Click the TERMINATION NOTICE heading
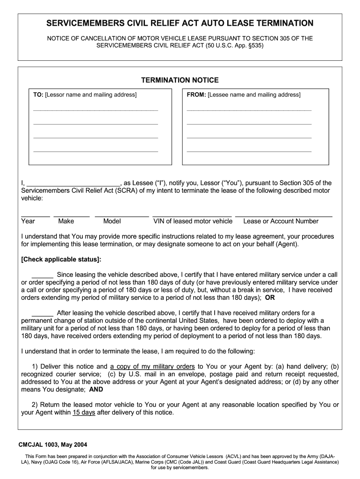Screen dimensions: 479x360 tap(180, 80)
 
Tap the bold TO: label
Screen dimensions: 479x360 tap(38, 95)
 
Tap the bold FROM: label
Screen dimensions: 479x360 tap(196, 95)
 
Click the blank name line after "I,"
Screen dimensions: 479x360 tap(73, 184)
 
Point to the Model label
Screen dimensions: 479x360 tap(112, 221)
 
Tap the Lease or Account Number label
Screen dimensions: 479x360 tap(281, 221)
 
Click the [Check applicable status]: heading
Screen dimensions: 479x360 tap(61, 259)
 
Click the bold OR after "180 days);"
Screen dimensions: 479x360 tap(270, 298)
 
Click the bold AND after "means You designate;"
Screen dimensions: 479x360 tap(96, 389)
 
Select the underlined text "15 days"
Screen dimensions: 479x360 tap(84, 413)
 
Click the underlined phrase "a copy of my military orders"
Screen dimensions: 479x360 tap(152, 367)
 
